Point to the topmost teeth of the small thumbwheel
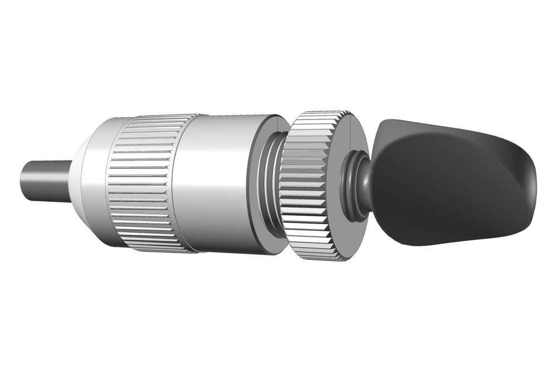315,114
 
